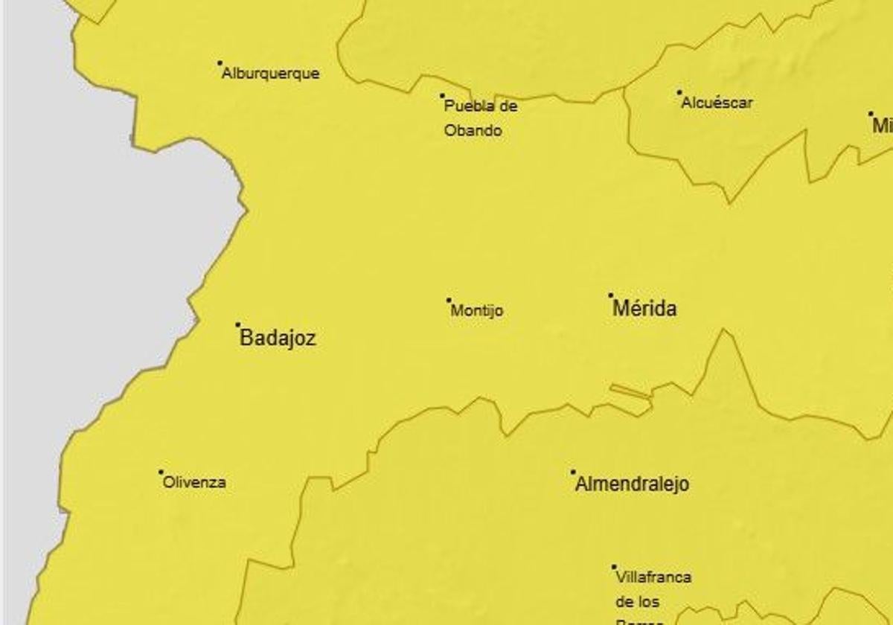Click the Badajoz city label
[x=278, y=339]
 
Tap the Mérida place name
[x=644, y=309]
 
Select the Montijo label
[x=477, y=311]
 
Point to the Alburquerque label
[x=271, y=74]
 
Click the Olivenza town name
[x=194, y=482]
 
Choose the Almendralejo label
[x=633, y=484]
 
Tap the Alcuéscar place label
[x=717, y=103]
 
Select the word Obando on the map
[x=473, y=131]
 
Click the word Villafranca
[x=653, y=577]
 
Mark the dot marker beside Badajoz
[x=238, y=324]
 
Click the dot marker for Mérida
[x=611, y=295]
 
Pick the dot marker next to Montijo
[x=449, y=301]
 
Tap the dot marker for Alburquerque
[x=220, y=63]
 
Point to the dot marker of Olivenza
[x=161, y=472]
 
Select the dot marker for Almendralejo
[x=573, y=472]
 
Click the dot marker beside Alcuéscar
[x=679, y=93]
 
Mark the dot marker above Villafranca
[x=614, y=567]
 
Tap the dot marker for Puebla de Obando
[x=442, y=96]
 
